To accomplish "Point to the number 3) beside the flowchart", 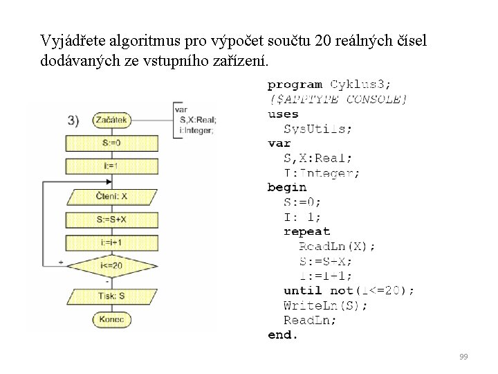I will tap(77, 120).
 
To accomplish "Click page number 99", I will tap(463, 357).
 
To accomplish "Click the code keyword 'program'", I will tap(295, 84).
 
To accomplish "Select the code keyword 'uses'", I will tap(283, 114).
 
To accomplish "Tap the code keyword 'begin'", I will tap(286, 187).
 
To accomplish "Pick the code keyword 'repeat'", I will tap(307, 231).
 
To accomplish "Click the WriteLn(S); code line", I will tap(326, 305).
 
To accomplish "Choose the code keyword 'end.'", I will tap(283, 335).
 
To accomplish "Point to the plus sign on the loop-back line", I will tap(61, 262).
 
